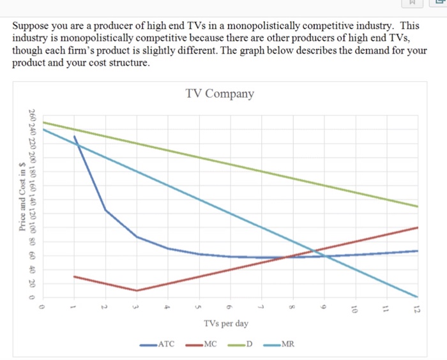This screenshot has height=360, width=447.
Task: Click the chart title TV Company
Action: [x=220, y=94]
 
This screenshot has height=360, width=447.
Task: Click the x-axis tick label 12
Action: [x=417, y=310]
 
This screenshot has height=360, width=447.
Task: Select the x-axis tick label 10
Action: [x=354, y=310]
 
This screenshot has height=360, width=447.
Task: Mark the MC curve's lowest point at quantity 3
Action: [x=137, y=290]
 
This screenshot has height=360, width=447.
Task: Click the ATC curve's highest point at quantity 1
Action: [x=75, y=136]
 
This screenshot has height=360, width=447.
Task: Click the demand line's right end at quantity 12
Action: [x=417, y=206]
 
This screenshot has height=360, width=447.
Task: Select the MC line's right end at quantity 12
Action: [x=417, y=227]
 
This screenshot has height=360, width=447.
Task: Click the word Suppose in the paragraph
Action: [x=31, y=27]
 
